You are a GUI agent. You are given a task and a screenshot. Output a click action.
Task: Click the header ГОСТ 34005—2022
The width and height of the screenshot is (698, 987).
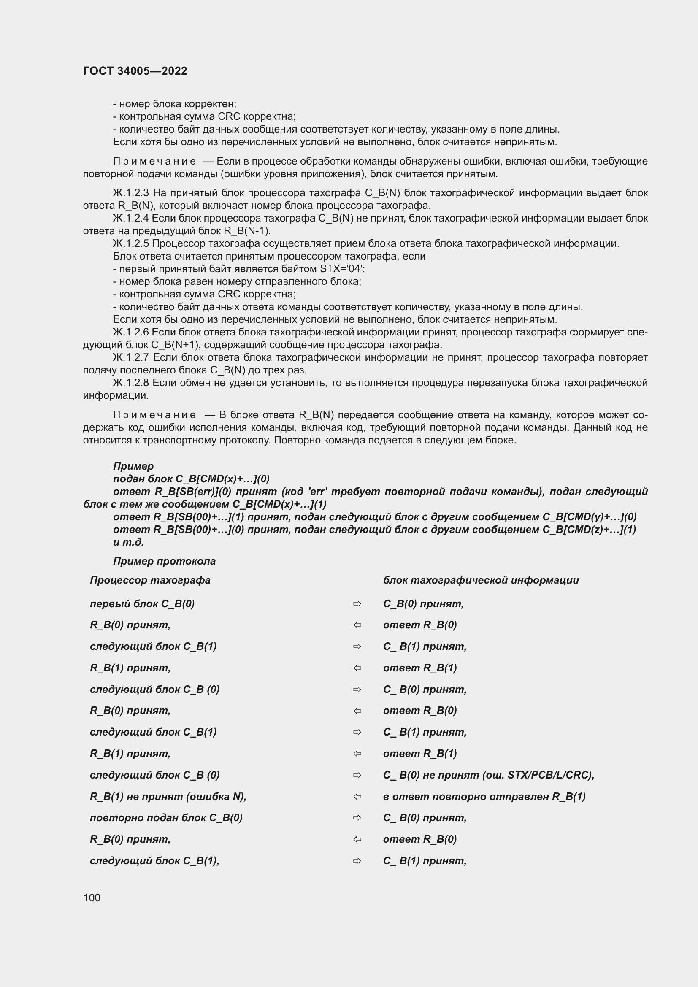(x=135, y=71)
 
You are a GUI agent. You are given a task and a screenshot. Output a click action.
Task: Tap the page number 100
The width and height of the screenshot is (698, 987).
(x=92, y=898)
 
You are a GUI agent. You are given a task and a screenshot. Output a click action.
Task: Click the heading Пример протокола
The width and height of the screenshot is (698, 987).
(x=164, y=561)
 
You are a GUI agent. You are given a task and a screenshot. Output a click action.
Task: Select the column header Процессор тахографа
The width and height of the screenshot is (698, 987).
(x=150, y=580)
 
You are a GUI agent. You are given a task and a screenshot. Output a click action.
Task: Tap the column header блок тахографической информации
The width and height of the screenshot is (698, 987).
(x=481, y=580)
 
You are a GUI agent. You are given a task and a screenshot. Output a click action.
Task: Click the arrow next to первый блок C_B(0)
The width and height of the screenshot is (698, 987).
(x=357, y=604)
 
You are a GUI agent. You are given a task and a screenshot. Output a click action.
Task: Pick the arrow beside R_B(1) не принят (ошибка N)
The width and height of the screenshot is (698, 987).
(x=357, y=797)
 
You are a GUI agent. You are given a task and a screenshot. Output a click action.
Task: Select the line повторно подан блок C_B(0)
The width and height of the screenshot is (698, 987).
(x=166, y=818)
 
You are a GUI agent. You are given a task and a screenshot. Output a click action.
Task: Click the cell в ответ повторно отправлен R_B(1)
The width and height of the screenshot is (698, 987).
(x=484, y=797)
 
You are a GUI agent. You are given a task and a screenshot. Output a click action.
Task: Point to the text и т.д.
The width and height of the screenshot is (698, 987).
(x=128, y=542)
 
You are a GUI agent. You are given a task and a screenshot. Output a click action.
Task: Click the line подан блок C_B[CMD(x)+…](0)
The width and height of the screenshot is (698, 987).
(x=191, y=479)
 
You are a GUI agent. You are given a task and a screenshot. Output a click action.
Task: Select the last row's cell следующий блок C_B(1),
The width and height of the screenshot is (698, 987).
(x=154, y=860)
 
